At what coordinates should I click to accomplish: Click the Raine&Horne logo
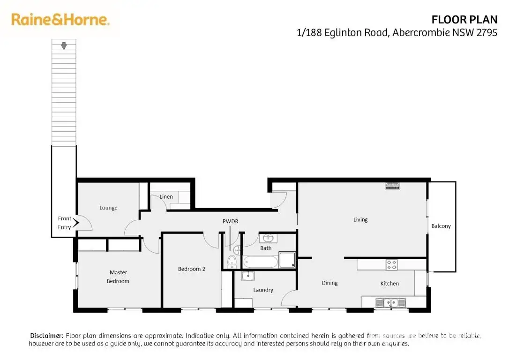click(x=60, y=20)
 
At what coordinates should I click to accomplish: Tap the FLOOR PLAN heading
click(x=464, y=20)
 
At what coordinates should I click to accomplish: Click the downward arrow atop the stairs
click(x=64, y=45)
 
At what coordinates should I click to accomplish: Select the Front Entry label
click(x=65, y=223)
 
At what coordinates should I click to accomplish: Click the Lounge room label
click(x=108, y=208)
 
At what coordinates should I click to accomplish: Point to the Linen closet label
click(x=166, y=197)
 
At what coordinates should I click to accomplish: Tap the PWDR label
click(x=230, y=221)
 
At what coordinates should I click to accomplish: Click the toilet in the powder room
click(x=232, y=261)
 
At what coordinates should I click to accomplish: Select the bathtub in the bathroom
click(x=260, y=262)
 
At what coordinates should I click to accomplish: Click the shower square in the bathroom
click(x=287, y=260)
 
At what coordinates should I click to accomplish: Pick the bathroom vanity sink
click(x=269, y=238)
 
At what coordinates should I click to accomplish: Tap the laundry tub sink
click(x=248, y=276)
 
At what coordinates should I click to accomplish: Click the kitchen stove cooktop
click(x=391, y=264)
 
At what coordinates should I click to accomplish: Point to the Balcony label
click(x=441, y=226)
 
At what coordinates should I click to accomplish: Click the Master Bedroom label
click(x=118, y=277)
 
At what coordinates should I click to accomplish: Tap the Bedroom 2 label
click(x=192, y=269)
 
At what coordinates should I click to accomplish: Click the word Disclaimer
click(x=46, y=336)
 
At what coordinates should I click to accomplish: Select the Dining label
click(x=329, y=283)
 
